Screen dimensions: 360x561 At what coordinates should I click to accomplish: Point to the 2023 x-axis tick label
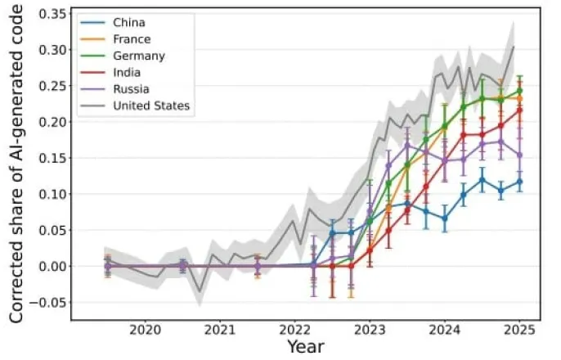pyautogui.click(x=369, y=330)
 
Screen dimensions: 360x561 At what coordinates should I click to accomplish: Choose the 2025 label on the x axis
pyautogui.click(x=519, y=330)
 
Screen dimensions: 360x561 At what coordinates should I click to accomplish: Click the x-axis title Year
pyautogui.click(x=298, y=348)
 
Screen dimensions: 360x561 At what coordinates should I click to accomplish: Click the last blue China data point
pyautogui.click(x=519, y=182)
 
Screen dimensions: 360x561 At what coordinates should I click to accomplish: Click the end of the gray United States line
pyautogui.click(x=514, y=47)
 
